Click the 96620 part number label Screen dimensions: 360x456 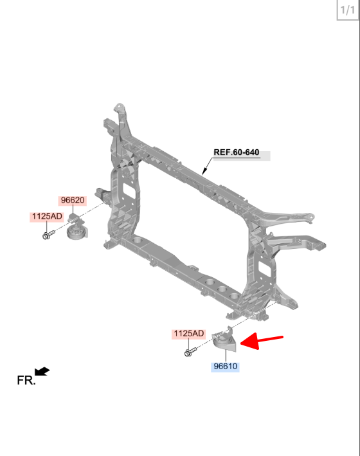(73, 201)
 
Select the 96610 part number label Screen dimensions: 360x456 (226, 366)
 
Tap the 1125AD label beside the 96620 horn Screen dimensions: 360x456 (47, 216)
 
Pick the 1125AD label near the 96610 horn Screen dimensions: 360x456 (189, 333)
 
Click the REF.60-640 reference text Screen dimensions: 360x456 (237, 152)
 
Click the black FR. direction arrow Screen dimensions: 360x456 (42, 371)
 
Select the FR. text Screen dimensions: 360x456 (26, 380)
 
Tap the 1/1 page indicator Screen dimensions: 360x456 (348, 10)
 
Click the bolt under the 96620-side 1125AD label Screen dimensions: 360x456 (49, 234)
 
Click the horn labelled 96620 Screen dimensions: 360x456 (76, 228)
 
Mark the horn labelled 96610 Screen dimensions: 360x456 (224, 340)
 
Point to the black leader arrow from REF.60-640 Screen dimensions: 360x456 (208, 166)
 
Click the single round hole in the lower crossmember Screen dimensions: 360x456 (138, 240)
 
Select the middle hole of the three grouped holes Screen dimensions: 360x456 (222, 289)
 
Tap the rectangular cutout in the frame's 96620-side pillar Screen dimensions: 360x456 (127, 189)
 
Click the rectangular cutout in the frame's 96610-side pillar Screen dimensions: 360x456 (263, 269)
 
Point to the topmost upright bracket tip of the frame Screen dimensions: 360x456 (119, 105)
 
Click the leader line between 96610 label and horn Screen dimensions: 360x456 (226, 356)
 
